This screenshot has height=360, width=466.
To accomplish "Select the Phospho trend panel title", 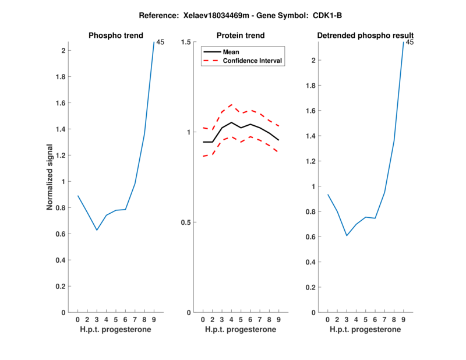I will point(115,36).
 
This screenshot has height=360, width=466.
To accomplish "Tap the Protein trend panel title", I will point(241,36).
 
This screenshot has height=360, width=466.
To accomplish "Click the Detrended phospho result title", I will point(365,36).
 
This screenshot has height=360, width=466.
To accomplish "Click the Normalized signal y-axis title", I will point(50,177).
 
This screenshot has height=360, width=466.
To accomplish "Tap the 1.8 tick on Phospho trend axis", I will point(60,77).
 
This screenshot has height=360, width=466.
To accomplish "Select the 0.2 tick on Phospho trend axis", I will point(60,287).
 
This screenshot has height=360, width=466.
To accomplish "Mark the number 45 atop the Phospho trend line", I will point(160,42).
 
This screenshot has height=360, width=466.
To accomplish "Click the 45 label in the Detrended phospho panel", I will point(409,42).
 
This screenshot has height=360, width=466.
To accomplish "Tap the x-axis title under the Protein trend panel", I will point(241,330).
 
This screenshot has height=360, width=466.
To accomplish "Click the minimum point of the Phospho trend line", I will point(97,230).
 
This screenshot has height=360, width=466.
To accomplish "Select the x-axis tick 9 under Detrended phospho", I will point(403,319).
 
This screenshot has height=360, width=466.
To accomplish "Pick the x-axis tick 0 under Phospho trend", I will point(77,319).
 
